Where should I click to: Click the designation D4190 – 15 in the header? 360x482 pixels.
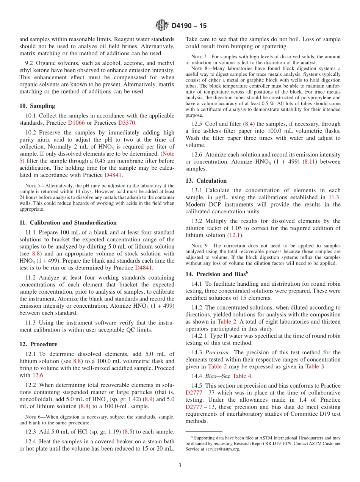click(x=189, y=26)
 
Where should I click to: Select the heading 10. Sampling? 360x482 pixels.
click(x=37, y=106)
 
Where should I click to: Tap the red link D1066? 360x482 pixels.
click(x=77, y=123)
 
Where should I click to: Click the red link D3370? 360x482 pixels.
click(x=127, y=123)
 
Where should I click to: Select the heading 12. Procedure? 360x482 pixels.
click(x=38, y=344)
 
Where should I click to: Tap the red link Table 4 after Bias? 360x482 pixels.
click(x=242, y=376)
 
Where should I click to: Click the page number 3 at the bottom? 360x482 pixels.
click(x=180, y=465)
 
